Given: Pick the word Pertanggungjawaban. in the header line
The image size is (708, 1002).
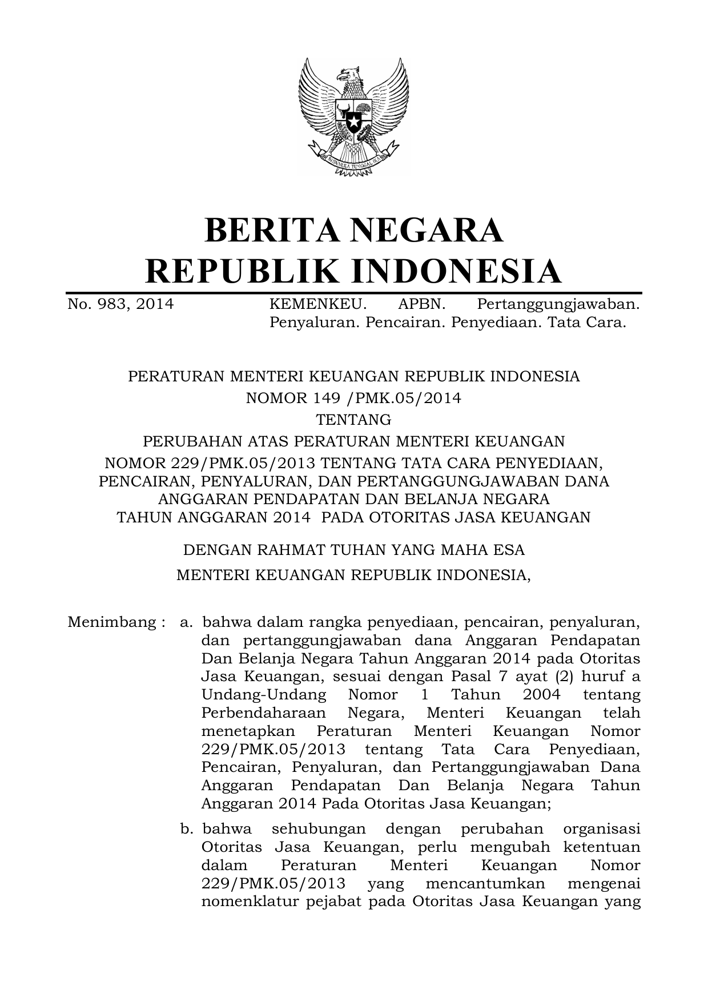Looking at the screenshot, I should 558,304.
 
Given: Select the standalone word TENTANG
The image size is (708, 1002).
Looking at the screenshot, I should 353,420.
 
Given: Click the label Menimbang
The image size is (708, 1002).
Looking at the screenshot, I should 108,622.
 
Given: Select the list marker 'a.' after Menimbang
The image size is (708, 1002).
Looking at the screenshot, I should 186,622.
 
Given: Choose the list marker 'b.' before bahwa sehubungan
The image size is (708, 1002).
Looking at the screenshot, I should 186,828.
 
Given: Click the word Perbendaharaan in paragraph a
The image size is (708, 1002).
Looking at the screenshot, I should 263,713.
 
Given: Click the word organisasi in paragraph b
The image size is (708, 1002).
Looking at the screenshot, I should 601,828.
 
